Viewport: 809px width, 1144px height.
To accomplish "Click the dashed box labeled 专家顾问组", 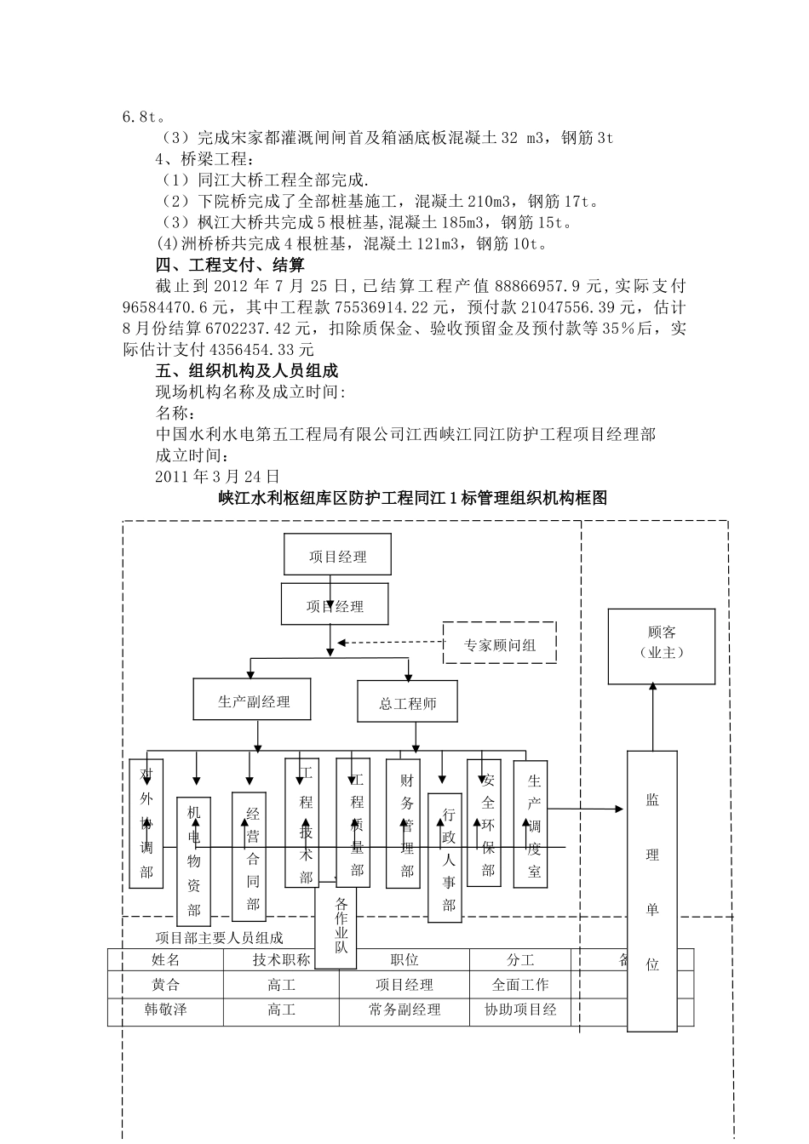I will coord(500,643).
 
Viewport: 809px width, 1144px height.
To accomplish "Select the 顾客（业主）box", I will coord(661,646).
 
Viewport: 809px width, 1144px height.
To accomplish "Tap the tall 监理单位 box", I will coord(652,890).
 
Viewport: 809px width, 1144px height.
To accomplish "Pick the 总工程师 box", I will coord(407,703).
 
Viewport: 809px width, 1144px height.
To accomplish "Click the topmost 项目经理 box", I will coord(337,555).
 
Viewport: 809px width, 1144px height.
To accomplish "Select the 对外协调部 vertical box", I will coord(146,824).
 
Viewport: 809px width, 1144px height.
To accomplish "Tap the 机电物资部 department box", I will coord(193,861).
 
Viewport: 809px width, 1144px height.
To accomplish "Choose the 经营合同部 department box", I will coord(250,857).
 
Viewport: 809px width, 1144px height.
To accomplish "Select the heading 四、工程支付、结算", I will coord(230,265).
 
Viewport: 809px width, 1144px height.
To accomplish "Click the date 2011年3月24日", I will coord(218,476).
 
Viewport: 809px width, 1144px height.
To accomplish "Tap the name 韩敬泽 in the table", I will coord(166,1010).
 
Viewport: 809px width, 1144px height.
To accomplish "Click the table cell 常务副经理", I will coord(404,1010).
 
